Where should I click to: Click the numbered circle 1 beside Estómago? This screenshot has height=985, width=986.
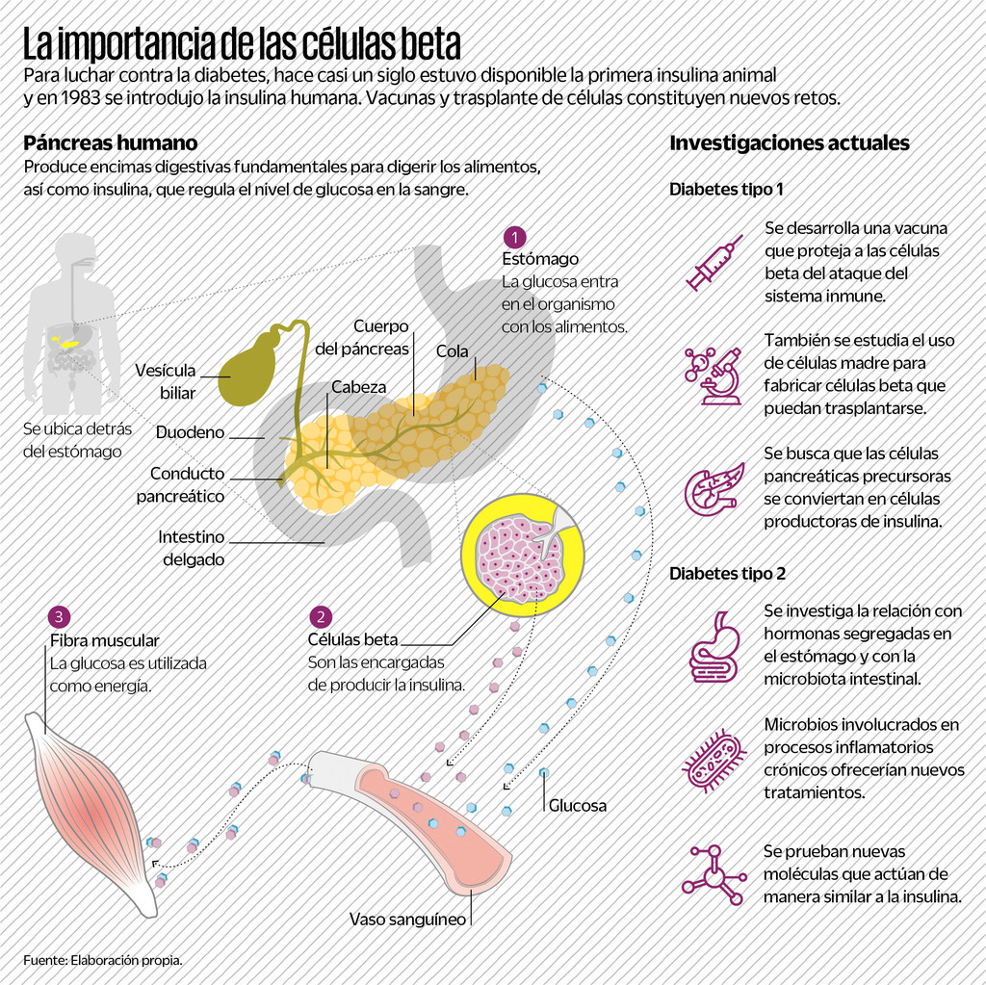pyautogui.click(x=515, y=237)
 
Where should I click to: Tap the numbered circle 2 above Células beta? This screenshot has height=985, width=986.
pyautogui.click(x=321, y=617)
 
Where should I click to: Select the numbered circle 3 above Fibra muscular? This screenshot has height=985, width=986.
pyautogui.click(x=61, y=616)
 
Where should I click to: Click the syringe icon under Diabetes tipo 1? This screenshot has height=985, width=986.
pyautogui.click(x=714, y=262)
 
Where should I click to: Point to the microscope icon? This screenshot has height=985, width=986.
pyautogui.click(x=714, y=376)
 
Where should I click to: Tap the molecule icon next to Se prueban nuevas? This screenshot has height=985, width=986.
pyautogui.click(x=714, y=875)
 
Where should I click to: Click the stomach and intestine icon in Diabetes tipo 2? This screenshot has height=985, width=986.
pyautogui.click(x=714, y=647)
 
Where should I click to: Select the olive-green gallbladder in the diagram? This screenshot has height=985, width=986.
pyautogui.click(x=247, y=370)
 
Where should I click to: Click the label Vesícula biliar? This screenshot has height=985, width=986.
pyautogui.click(x=165, y=381)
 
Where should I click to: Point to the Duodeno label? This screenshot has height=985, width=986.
pyautogui.click(x=190, y=432)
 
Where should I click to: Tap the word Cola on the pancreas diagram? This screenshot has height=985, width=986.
pyautogui.click(x=452, y=351)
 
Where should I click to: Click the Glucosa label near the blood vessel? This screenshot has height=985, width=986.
pyautogui.click(x=578, y=805)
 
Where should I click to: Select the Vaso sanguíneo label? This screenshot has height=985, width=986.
pyautogui.click(x=407, y=919)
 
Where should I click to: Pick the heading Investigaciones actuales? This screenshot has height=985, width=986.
pyautogui.click(x=789, y=143)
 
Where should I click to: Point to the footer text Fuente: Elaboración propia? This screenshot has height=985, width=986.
pyautogui.click(x=103, y=960)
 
